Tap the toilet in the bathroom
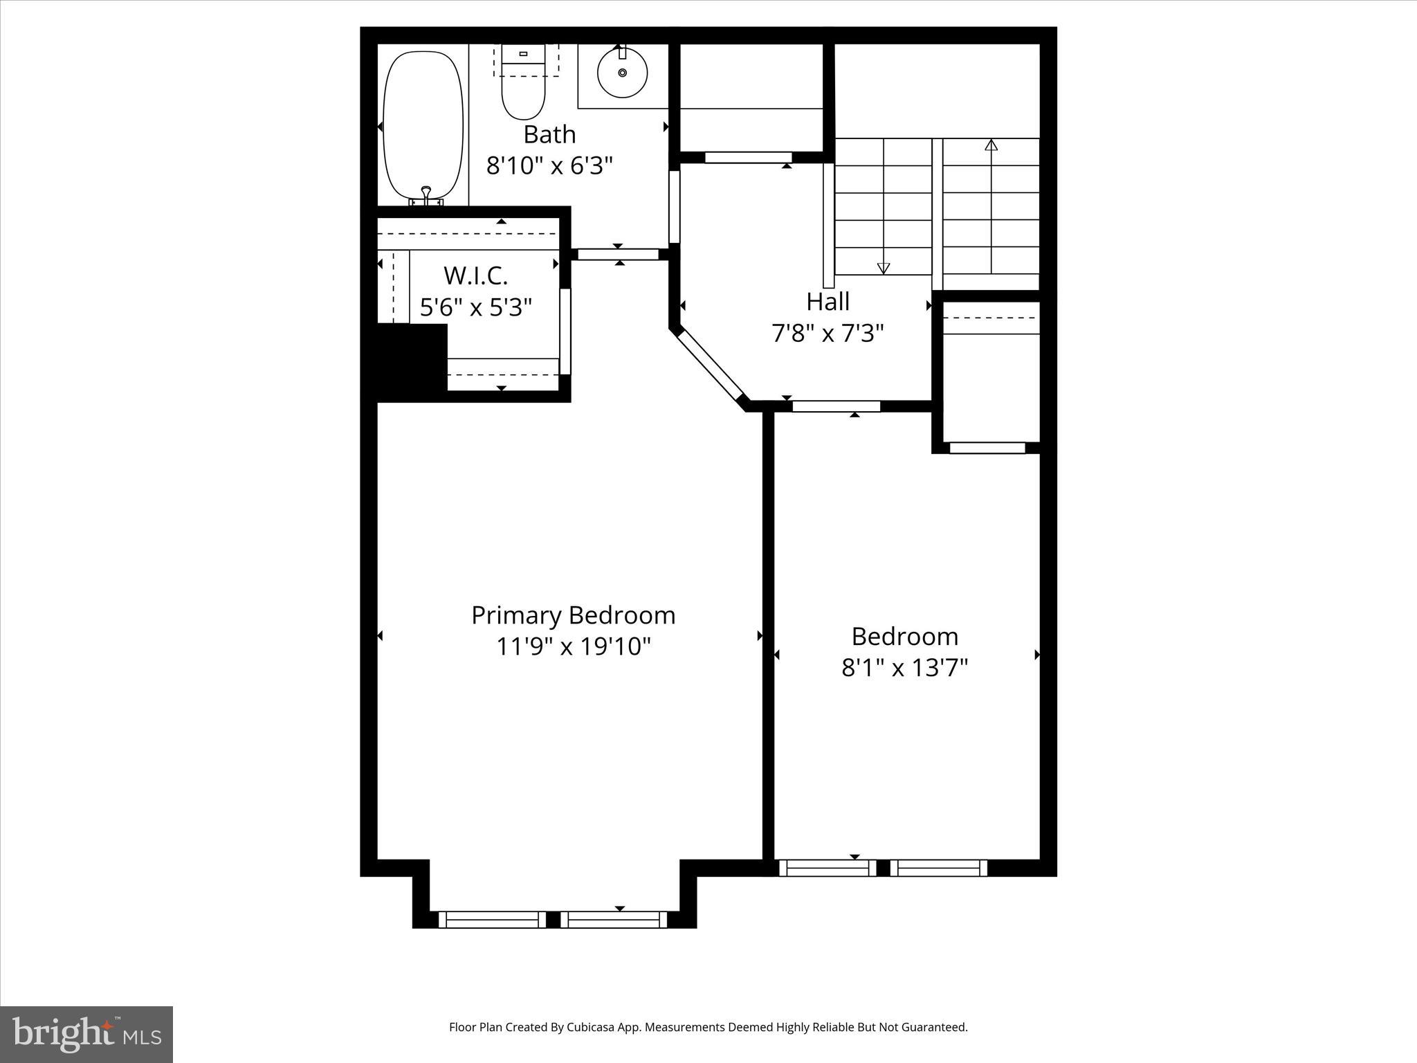[x=523, y=90]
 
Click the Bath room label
[x=549, y=134]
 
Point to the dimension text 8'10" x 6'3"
[x=549, y=166]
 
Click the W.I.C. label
[x=475, y=275]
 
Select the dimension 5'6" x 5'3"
[x=475, y=307]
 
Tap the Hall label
[x=828, y=302]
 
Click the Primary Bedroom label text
[x=573, y=615]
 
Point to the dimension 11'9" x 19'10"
[x=573, y=647]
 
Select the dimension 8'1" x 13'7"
[x=904, y=668]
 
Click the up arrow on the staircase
[x=991, y=145]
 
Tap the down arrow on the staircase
[x=883, y=268]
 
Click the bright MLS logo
[x=86, y=1034]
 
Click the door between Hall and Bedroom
[x=836, y=406]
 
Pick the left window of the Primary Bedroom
[x=492, y=919]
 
